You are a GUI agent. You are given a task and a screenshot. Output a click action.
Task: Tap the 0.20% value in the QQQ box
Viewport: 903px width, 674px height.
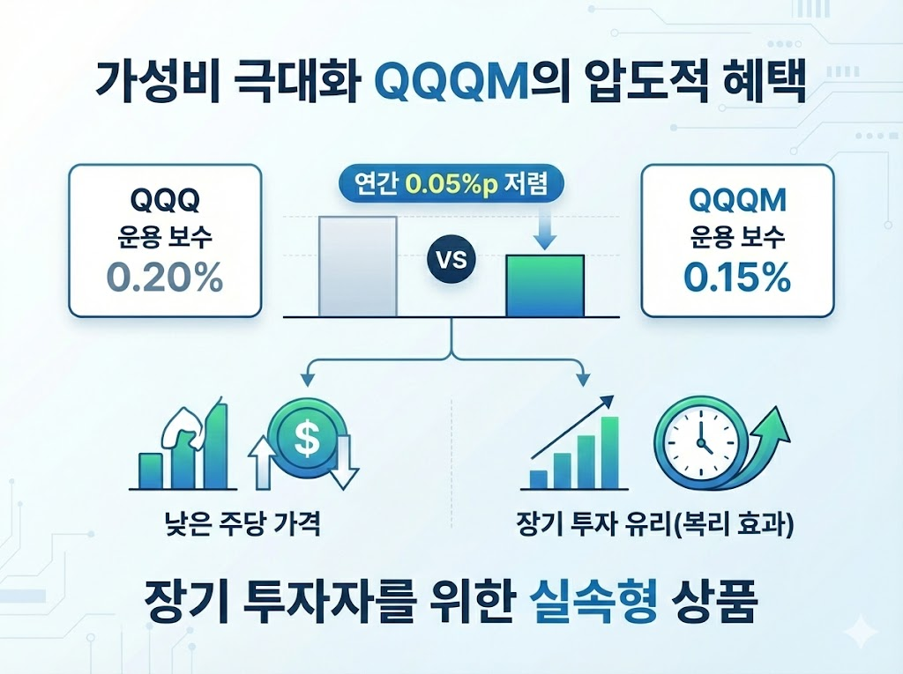pos(165,278)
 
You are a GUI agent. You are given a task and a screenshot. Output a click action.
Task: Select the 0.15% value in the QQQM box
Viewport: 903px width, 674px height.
pos(737,278)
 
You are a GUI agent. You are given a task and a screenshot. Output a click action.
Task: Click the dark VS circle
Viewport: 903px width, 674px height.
pos(451,261)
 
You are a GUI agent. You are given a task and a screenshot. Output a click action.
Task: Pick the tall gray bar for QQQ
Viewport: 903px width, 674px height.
pos(358,266)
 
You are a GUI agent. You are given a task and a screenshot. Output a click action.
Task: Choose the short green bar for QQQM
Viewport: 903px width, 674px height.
pos(545,286)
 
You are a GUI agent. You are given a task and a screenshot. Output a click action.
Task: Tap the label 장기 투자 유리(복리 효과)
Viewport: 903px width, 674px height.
pos(655,525)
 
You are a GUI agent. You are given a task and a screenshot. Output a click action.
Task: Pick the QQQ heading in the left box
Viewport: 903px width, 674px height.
pos(165,200)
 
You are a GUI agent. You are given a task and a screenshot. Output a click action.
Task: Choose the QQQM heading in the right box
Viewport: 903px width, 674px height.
pos(737,200)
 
